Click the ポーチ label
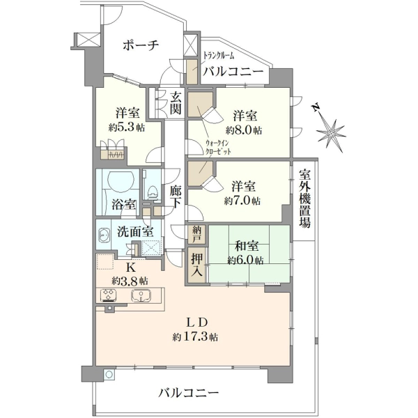click(x=141, y=45)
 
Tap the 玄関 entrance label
click(x=176, y=102)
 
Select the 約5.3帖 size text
click(x=127, y=127)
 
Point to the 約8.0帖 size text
click(x=244, y=130)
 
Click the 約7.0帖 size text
click(x=242, y=201)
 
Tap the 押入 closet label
click(x=197, y=265)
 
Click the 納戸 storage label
click(x=199, y=235)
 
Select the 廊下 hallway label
click(x=176, y=196)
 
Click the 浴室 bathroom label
click(x=123, y=205)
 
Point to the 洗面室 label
click(x=135, y=232)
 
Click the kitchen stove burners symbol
click(x=108, y=295)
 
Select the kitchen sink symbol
click(x=141, y=295)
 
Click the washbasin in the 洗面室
click(x=104, y=235)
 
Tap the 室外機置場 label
click(x=304, y=199)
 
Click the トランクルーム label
click(x=219, y=55)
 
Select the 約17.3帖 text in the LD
click(x=195, y=337)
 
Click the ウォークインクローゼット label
click(x=217, y=148)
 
